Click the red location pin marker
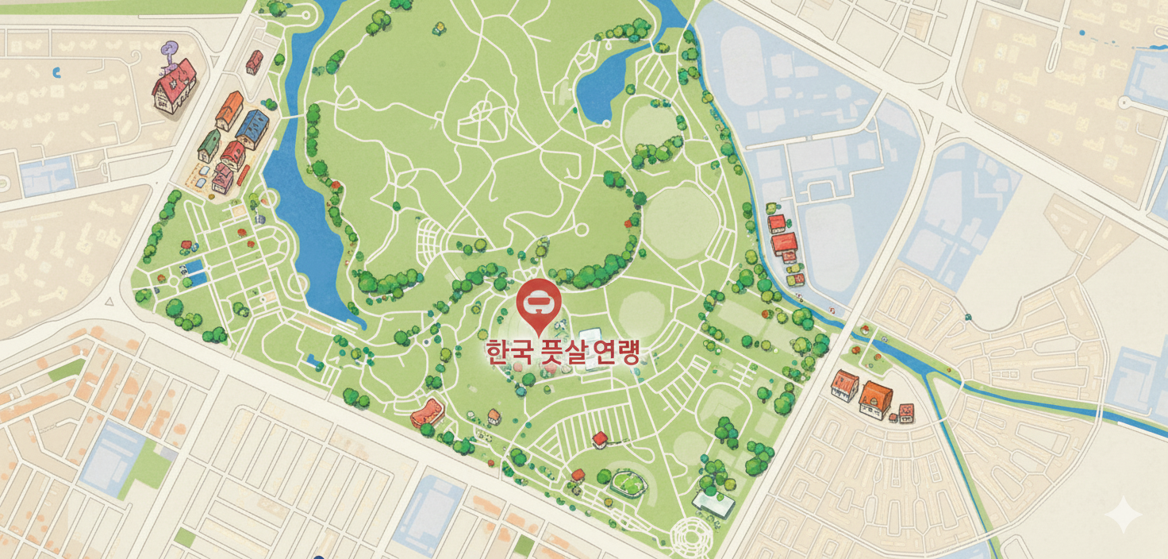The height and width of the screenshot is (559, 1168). [x=539, y=301]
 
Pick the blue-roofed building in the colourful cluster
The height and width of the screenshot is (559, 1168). [x=252, y=127]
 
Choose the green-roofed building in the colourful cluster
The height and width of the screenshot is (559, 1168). [x=209, y=145]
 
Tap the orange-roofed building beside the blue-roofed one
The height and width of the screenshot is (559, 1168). [x=229, y=110]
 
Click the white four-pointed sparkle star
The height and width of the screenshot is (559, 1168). [x=1124, y=515]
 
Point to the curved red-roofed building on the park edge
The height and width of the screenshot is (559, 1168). [x=428, y=412]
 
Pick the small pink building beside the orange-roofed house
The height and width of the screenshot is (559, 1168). [x=905, y=411]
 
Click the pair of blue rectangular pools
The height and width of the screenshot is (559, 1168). [x=194, y=272]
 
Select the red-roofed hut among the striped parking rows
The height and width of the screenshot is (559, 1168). [x=600, y=438]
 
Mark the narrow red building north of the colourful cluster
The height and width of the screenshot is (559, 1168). [x=254, y=61]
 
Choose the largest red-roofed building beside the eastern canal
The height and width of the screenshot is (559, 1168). [x=784, y=241]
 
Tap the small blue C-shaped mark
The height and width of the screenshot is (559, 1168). [x=56, y=73]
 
